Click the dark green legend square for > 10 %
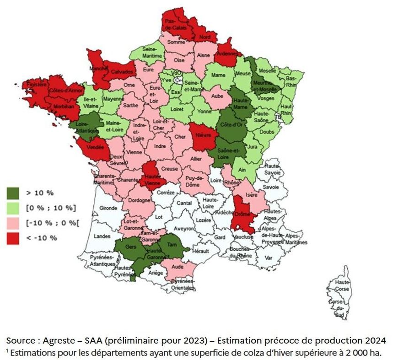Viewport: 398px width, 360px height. point(12,193)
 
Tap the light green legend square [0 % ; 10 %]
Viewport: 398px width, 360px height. point(12,208)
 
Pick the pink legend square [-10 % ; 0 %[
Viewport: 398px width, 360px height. point(12,223)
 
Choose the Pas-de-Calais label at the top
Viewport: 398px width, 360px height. point(175,24)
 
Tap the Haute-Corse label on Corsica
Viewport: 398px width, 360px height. point(342,286)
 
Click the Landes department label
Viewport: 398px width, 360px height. point(102,236)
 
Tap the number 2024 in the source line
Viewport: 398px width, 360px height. point(375,341)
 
